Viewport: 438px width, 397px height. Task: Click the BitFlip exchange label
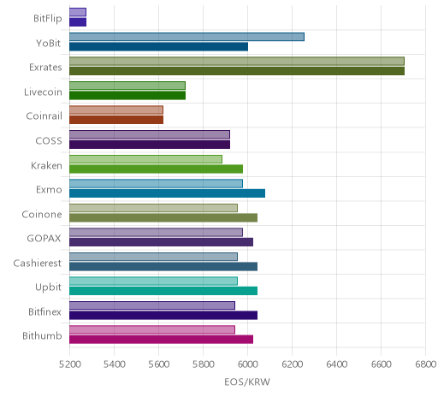(48, 19)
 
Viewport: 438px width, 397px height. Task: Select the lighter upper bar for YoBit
(186, 37)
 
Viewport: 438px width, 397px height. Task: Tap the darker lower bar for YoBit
(158, 47)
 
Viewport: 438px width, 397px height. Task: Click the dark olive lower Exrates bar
(237, 71)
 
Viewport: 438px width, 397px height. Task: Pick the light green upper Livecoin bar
(127, 86)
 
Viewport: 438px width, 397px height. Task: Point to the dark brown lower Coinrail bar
(116, 120)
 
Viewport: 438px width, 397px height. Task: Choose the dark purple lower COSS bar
(150, 145)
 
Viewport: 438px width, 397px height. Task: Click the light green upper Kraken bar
(145, 159)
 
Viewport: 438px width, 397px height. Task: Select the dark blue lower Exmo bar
(167, 193)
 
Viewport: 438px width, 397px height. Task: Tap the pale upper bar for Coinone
(153, 208)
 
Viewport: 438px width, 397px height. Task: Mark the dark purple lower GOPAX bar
(161, 242)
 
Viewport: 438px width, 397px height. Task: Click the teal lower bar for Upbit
(163, 291)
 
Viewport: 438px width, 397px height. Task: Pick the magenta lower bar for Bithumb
(161, 340)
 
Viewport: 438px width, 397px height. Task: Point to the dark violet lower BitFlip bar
(78, 22)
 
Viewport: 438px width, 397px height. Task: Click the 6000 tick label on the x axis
(247, 364)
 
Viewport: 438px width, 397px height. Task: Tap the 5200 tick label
(70, 364)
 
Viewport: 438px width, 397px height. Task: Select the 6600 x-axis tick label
(381, 364)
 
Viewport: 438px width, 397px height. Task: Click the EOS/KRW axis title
(247, 382)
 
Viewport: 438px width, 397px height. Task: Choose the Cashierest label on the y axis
(38, 263)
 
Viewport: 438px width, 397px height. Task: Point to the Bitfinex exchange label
(44, 311)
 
